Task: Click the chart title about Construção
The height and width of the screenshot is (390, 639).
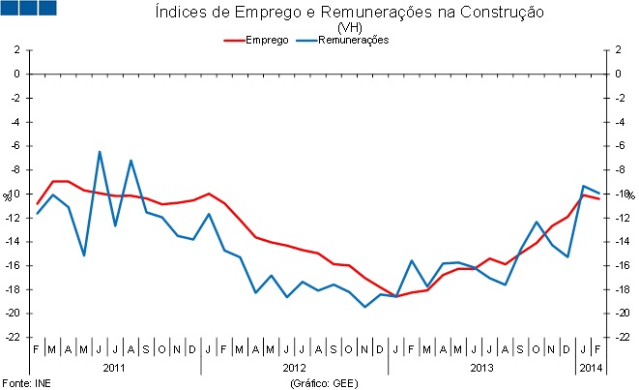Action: (x=349, y=13)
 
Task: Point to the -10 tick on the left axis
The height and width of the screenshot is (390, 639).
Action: (x=14, y=194)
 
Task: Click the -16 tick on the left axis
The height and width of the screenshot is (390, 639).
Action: (x=12, y=265)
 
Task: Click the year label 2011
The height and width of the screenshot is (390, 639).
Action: (x=114, y=369)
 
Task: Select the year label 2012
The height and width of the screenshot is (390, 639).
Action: (x=295, y=369)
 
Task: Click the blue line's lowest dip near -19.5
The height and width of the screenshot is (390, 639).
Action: (x=364, y=307)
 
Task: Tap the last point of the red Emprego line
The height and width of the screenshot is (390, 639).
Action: (x=599, y=198)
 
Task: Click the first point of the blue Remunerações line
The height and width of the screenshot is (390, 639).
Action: (x=37, y=213)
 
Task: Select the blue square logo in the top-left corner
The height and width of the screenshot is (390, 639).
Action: (x=30, y=9)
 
